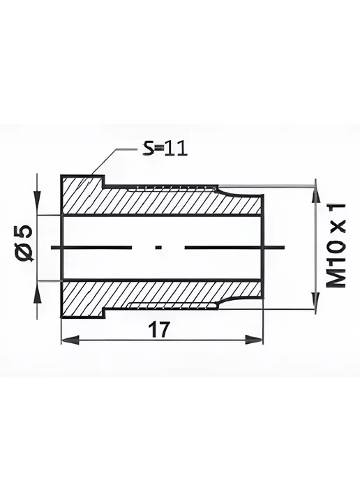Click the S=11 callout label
[165, 149]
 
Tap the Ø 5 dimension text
[25, 243]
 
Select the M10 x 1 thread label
[336, 245]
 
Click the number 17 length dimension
[158, 330]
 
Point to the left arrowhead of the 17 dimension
[70, 340]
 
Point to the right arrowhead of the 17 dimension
[254, 340]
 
